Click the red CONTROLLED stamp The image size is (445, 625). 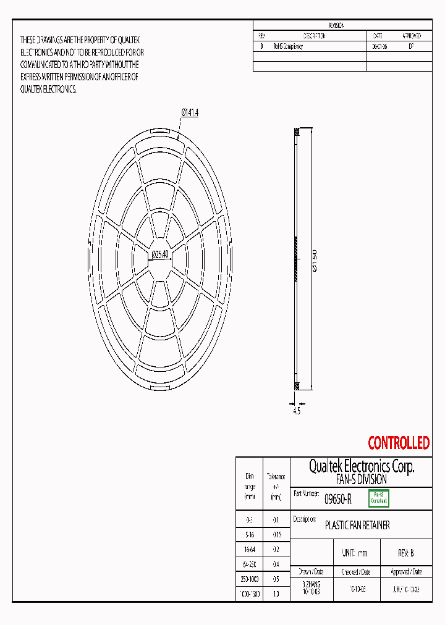pos(398,443)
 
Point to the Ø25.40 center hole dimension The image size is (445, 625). pos(160,254)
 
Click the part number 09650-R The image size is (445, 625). pos(338,499)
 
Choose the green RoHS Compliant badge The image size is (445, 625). pos(378,498)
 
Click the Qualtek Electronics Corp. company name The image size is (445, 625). pos(361,466)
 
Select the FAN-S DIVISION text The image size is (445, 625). pos(361,479)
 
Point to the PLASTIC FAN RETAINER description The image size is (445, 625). pos(357,526)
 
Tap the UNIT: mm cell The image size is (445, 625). pos(354,553)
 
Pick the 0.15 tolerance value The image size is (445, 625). pos(276,534)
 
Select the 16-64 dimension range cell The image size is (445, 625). pos(250,548)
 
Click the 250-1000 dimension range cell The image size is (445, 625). pos(250,579)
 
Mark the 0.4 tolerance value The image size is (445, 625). pos(276,564)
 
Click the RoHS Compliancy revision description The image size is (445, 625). pos(288,46)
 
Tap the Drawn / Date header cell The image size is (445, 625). pos(311,572)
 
